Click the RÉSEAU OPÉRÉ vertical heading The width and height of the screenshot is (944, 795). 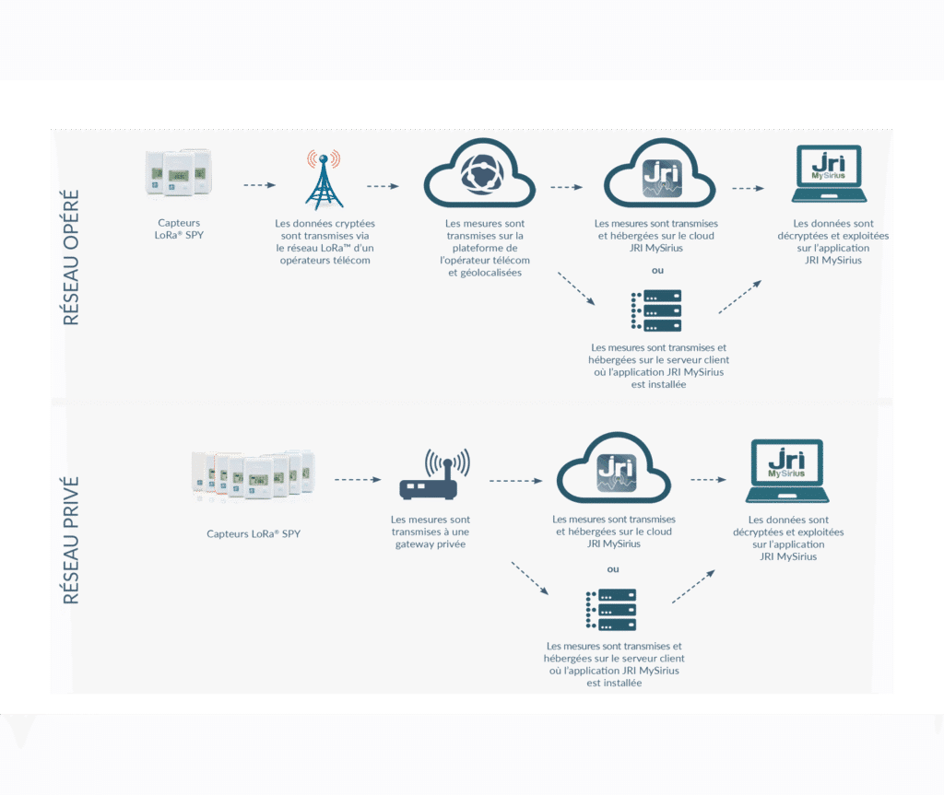pos(72,258)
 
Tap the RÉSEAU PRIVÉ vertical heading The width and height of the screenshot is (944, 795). pos(72,540)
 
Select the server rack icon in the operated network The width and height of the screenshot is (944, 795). pos(658,311)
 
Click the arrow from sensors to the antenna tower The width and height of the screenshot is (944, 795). pos(260,185)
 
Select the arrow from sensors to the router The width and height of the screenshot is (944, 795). pos(357,479)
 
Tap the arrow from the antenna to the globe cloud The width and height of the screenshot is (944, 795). pos(383,186)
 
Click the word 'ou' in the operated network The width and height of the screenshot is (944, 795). pos(657,271)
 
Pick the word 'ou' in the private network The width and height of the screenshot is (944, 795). pos(613,568)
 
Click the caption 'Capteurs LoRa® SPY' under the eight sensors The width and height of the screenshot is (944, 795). pos(254,533)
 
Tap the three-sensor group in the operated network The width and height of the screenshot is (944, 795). pos(179,173)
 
